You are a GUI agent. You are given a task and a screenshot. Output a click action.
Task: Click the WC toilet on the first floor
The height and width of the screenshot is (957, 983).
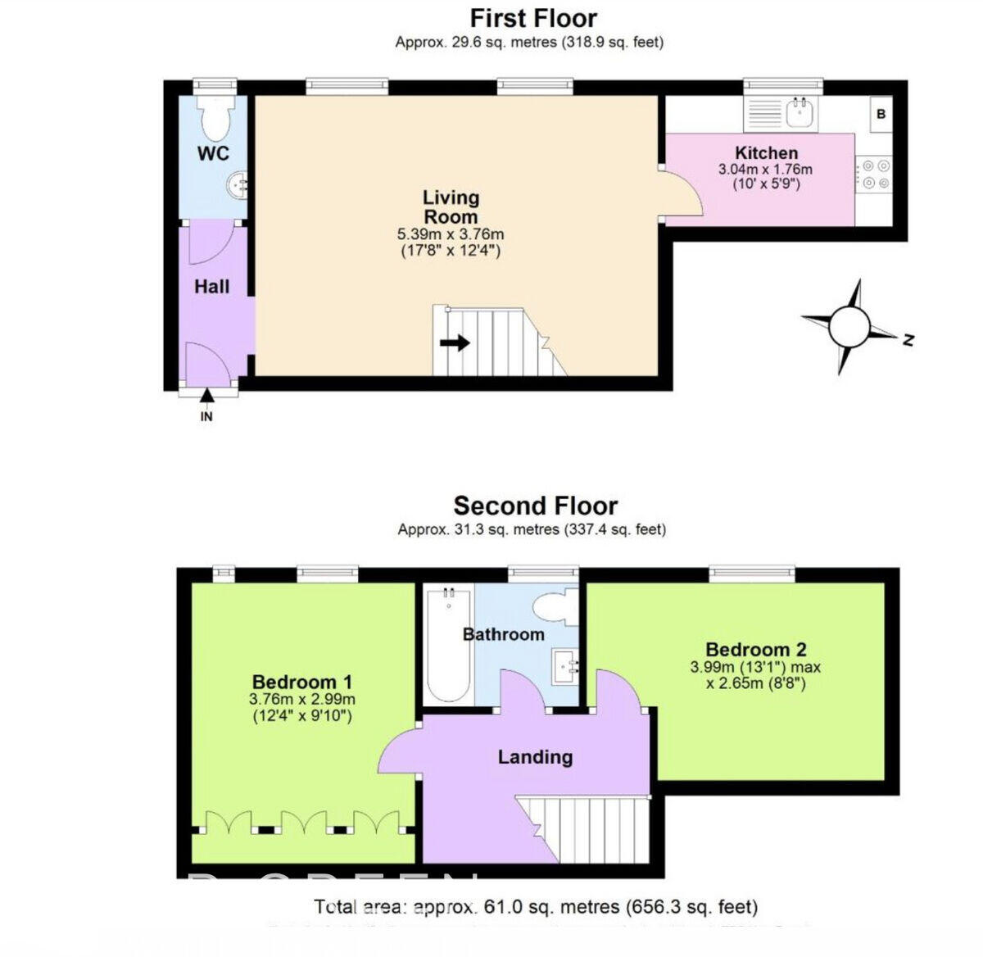pyautogui.click(x=216, y=120)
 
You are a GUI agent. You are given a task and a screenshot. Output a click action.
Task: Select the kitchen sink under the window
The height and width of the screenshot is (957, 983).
pyautogui.click(x=798, y=113)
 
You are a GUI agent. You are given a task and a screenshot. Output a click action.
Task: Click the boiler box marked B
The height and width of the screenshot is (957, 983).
pyautogui.click(x=881, y=114)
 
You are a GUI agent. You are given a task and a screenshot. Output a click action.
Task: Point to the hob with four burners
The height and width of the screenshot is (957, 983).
pyautogui.click(x=872, y=175)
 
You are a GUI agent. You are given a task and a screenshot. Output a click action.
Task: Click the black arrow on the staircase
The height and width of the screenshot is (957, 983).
pyautogui.click(x=455, y=342)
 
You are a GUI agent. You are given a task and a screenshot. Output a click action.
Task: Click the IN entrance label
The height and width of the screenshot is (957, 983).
pyautogui.click(x=206, y=416)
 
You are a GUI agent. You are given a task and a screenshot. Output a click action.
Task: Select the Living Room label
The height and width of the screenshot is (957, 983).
pyautogui.click(x=451, y=206)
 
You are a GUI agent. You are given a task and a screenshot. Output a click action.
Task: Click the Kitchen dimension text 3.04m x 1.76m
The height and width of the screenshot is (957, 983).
pyautogui.click(x=765, y=170)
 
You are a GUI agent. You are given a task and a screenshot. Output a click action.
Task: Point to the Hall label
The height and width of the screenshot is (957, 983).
pyautogui.click(x=211, y=287)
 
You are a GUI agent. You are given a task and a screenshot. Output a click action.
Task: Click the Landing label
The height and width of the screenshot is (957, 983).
pyautogui.click(x=535, y=756)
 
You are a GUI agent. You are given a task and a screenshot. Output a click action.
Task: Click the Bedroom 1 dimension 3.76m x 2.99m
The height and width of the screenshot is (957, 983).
pyautogui.click(x=302, y=699)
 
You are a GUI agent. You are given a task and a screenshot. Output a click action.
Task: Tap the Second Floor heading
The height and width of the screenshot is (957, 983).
pyautogui.click(x=536, y=506)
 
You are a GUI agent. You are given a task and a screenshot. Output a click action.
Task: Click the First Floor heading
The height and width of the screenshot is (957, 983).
pyautogui.click(x=533, y=18)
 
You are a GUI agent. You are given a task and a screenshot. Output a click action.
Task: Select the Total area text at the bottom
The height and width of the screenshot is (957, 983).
pyautogui.click(x=536, y=907)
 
